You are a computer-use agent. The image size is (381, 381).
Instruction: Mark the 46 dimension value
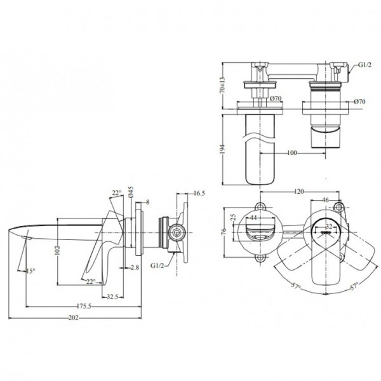tap(325, 200)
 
